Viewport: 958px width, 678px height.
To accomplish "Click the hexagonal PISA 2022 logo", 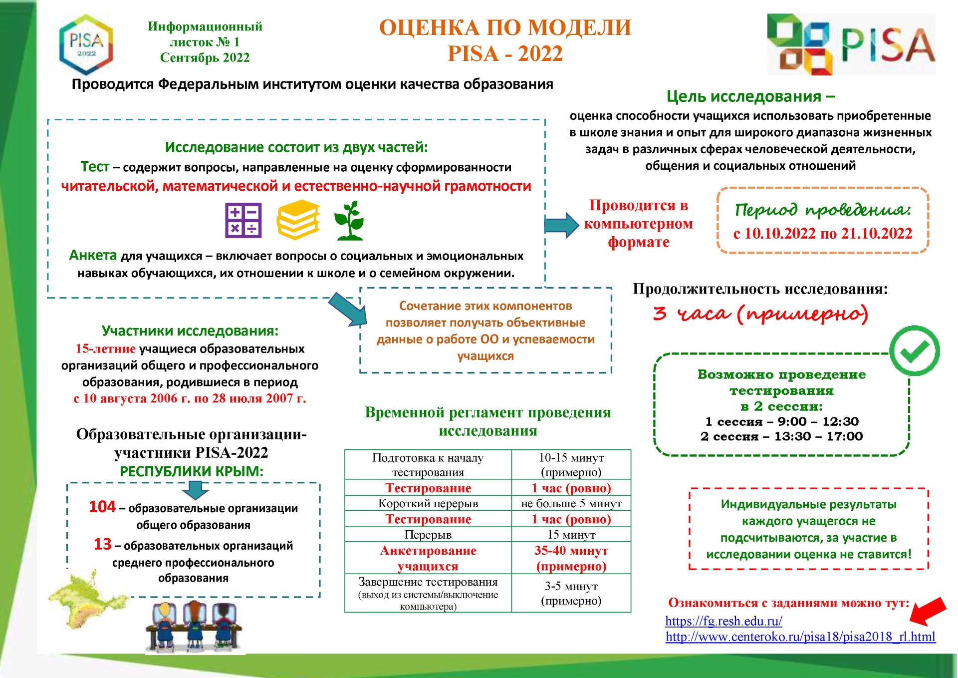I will coord(86,44).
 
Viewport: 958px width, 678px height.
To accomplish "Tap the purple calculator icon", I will coord(243,220).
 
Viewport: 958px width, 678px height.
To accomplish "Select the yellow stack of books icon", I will coord(298,220).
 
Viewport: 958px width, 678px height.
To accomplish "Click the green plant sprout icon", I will coord(350,221).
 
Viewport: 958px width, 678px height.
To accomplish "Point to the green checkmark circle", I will coord(914,351).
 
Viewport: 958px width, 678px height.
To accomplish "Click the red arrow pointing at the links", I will coord(928,611).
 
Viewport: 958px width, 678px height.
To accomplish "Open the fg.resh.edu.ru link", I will coord(723,621).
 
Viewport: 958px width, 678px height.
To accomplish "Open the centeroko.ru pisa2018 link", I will coord(800,637).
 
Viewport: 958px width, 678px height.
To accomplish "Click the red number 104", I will coord(102,507).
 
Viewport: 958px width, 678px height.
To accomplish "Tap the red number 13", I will coord(103,544).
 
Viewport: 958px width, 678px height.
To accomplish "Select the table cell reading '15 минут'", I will coord(571,535).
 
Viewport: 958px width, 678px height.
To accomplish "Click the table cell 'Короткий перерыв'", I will coord(428,503).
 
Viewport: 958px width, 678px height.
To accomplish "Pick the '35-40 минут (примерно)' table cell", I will coord(571,558).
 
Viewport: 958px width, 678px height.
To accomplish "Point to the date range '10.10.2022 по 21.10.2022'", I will coord(823,234).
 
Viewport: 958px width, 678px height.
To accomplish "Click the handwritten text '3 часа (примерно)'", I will coord(760,314).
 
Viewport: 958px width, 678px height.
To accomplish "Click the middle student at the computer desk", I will coord(194,625).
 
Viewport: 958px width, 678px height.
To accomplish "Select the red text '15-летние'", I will coord(105,349).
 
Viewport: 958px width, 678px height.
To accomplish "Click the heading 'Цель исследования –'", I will coord(750,96).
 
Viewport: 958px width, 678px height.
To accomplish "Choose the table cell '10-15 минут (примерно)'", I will coord(571,465).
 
